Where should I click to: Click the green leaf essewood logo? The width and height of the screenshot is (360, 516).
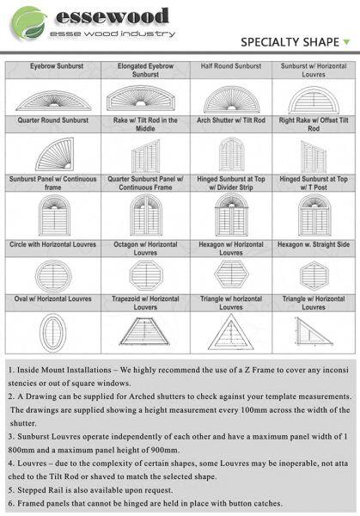(x=29, y=22)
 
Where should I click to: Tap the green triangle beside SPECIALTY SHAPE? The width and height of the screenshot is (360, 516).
(x=346, y=42)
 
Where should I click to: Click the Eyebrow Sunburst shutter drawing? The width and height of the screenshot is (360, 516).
(x=53, y=101)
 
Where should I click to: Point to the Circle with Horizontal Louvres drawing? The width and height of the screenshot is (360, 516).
(x=53, y=276)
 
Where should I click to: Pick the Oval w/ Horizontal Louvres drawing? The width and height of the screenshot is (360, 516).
(x=53, y=333)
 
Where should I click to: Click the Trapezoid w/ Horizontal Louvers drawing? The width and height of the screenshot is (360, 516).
(x=144, y=331)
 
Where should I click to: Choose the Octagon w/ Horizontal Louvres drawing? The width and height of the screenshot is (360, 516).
(x=146, y=275)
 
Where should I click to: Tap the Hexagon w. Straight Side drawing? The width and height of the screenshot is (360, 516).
(x=314, y=276)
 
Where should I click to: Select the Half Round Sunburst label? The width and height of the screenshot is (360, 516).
(x=231, y=66)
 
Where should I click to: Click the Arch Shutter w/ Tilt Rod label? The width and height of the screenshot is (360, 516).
(x=231, y=120)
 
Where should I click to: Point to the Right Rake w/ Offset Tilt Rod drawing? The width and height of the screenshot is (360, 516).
(x=314, y=156)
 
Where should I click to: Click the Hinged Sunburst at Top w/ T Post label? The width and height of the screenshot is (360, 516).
(x=314, y=183)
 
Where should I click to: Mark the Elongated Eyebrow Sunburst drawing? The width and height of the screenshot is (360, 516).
(x=141, y=98)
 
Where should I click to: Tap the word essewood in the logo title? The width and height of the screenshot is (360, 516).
(x=113, y=16)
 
